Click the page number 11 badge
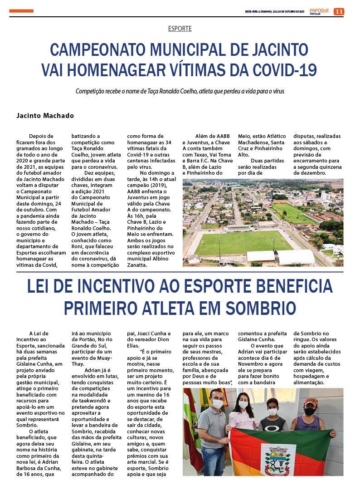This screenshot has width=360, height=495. click(339, 11)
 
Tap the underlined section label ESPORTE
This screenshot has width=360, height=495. click(180, 29)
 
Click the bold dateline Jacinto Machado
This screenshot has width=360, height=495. click(45, 116)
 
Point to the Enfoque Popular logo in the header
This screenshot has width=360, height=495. click(319, 11)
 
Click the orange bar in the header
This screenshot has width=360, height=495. click(21, 11)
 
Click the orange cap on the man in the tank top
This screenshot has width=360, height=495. click(311, 402)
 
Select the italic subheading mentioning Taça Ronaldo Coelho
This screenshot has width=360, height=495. click(180, 91)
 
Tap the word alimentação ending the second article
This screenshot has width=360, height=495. click(312, 382)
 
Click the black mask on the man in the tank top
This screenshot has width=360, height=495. click(310, 411)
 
